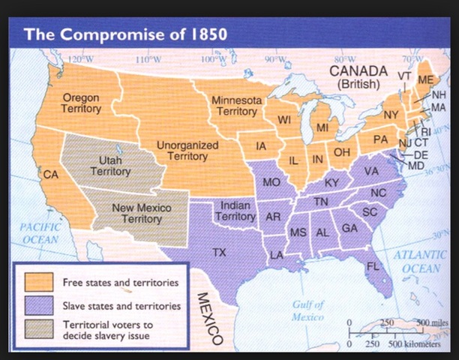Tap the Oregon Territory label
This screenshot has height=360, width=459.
[81, 103]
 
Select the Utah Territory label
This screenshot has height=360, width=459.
[110, 165]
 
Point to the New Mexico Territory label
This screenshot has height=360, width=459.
[141, 213]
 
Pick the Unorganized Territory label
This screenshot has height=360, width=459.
[187, 150]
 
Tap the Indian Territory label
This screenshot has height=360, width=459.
[235, 211]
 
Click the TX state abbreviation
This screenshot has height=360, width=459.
[219, 252]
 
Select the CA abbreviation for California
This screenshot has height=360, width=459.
[51, 175]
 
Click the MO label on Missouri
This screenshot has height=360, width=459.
[271, 182]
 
